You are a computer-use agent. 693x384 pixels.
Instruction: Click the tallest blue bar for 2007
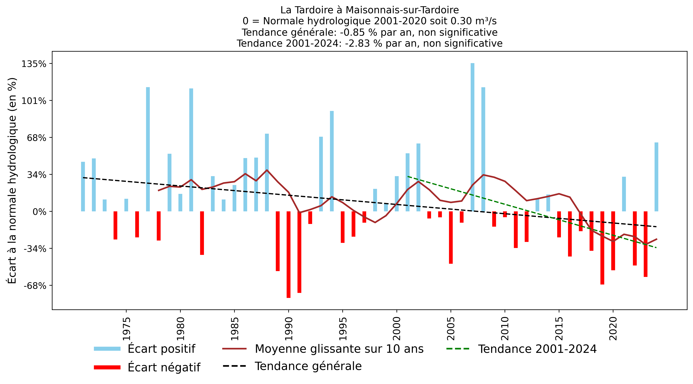click(472, 137)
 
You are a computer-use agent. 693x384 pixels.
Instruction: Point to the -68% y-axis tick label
click(35, 286)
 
